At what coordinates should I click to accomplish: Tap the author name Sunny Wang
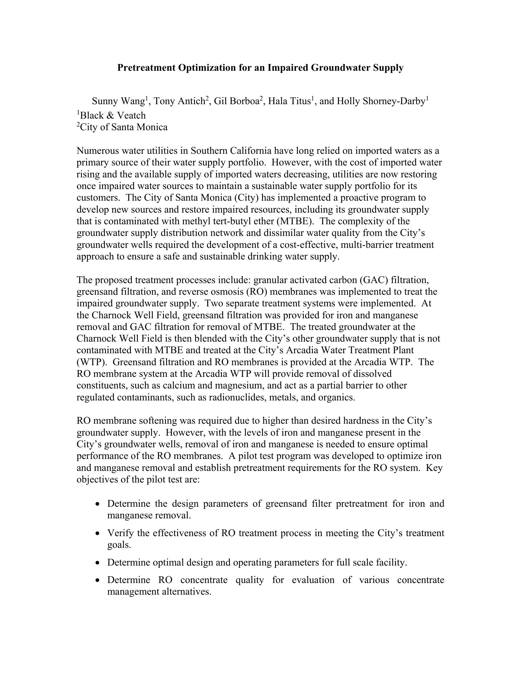coord(118,101)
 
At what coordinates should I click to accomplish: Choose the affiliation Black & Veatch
coord(113,115)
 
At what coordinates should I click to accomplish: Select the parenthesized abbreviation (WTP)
coord(92,362)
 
